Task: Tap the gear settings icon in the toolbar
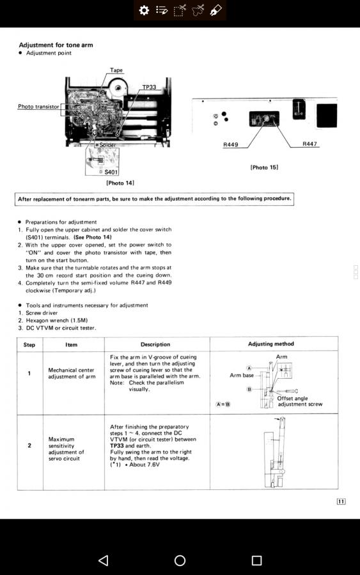[x=144, y=10]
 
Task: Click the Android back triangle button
[x=104, y=560]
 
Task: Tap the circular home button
[x=180, y=560]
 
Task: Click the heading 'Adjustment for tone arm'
[x=56, y=45]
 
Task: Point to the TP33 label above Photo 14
[x=149, y=88]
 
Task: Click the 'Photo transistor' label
[x=38, y=106]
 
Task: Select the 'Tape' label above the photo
[x=116, y=70]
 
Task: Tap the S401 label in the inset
[x=111, y=172]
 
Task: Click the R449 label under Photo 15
[x=230, y=144]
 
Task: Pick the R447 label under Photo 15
[x=309, y=144]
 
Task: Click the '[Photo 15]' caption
[x=264, y=167]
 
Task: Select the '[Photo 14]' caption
[x=120, y=183]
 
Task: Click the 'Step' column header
[x=29, y=345]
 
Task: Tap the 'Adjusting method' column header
[x=271, y=344]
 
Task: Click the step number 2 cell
[x=29, y=445]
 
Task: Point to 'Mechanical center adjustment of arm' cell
[x=72, y=373]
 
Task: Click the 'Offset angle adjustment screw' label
[x=300, y=401]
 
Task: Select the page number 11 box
[x=341, y=502]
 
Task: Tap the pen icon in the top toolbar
[x=215, y=10]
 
